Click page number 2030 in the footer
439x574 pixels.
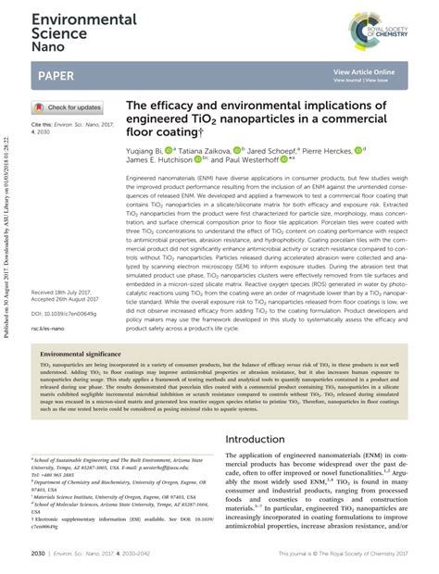tap(37, 553)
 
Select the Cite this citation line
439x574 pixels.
tap(67, 126)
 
